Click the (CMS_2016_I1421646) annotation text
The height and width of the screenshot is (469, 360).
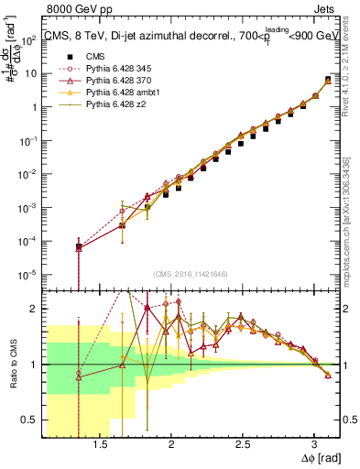coord(191,274)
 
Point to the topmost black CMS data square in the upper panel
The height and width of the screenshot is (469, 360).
coord(328,81)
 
